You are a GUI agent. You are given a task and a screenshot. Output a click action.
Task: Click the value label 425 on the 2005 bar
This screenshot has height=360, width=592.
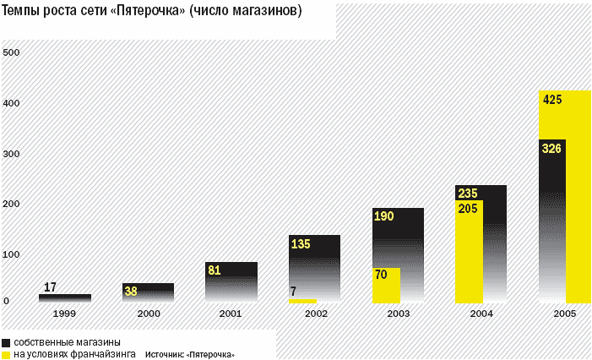(553, 100)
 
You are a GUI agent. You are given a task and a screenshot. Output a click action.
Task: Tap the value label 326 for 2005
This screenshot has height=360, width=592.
(551, 149)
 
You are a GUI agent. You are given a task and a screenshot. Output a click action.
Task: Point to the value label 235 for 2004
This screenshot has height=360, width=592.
(467, 193)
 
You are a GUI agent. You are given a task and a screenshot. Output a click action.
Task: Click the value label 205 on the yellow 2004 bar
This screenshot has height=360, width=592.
(467, 208)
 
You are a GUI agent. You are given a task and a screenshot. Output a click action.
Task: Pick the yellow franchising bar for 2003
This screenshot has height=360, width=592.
(386, 285)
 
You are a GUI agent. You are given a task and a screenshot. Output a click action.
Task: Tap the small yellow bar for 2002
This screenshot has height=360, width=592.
(302, 300)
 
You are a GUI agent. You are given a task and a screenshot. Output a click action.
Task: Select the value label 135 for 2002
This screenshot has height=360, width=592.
(301, 244)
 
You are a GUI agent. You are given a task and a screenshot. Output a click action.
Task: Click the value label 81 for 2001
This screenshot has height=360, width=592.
(215, 271)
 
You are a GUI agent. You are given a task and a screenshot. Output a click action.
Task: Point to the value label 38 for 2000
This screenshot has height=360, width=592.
(131, 292)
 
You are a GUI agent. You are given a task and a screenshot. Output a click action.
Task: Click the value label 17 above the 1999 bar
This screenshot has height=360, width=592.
(50, 287)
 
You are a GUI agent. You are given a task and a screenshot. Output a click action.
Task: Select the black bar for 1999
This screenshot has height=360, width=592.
(64, 297)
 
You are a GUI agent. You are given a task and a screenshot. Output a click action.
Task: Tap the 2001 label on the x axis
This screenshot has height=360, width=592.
(231, 314)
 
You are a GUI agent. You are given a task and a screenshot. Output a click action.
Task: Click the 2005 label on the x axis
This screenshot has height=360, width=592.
(564, 314)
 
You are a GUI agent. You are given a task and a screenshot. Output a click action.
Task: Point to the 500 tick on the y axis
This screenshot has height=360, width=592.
(11, 52)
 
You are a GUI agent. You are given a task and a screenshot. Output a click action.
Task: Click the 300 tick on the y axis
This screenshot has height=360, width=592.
(11, 154)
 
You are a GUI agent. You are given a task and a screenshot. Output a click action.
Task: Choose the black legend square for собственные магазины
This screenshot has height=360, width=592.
(6, 341)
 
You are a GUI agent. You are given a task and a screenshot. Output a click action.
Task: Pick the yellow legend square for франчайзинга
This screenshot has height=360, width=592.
(6, 354)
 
